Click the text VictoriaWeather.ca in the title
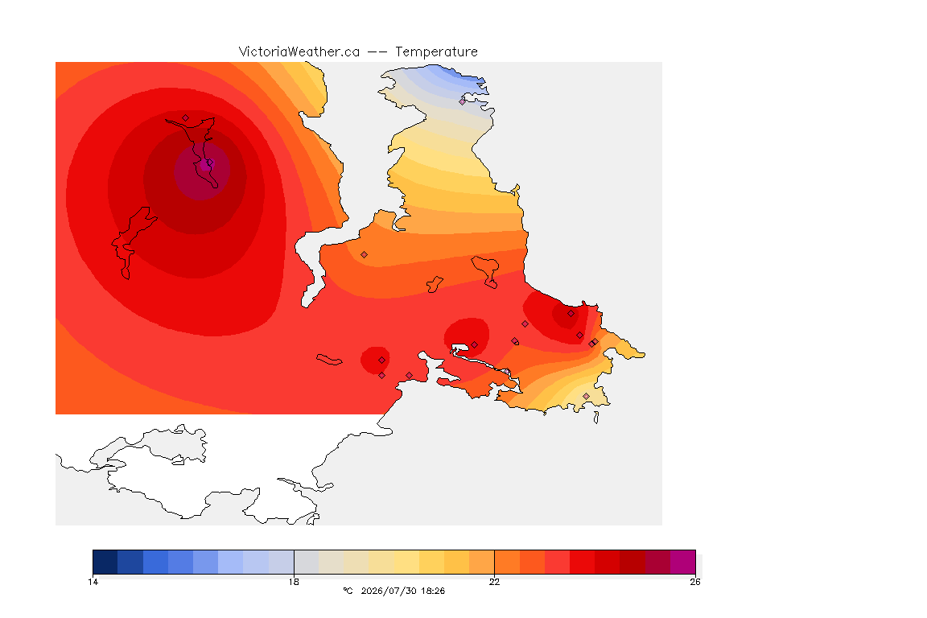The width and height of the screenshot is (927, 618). [x=299, y=52]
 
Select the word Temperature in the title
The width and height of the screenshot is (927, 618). [x=436, y=52]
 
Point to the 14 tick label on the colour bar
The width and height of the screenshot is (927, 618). [x=93, y=582]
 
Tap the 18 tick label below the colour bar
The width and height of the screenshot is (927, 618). [x=294, y=582]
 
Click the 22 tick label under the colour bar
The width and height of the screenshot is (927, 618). [x=494, y=582]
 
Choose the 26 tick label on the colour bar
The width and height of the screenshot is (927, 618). [x=695, y=582]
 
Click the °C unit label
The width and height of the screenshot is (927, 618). [x=348, y=591]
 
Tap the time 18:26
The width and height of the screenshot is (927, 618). [x=433, y=591]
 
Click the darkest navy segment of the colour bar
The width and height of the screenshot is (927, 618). [x=105, y=562]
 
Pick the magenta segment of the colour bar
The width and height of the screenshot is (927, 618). [x=683, y=562]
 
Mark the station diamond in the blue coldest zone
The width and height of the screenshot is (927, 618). [x=463, y=101]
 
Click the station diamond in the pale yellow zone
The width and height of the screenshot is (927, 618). [x=586, y=396]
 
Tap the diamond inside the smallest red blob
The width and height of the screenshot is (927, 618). [x=382, y=360]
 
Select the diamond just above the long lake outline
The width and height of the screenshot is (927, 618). [x=186, y=118]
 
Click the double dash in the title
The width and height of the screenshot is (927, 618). [x=377, y=52]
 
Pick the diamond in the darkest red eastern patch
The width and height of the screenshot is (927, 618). [x=571, y=314]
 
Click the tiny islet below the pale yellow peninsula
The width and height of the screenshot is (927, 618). [x=596, y=418]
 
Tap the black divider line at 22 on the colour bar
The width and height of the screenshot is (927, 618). [x=494, y=562]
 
